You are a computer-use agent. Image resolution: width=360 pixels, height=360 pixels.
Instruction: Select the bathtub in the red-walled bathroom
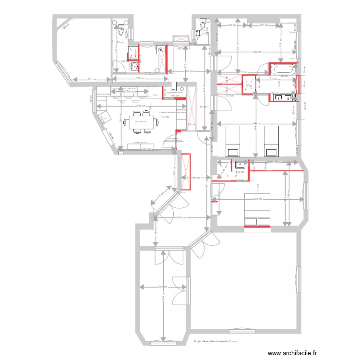coord(283,70)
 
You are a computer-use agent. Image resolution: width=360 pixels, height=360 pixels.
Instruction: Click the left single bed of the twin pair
coord(233,141)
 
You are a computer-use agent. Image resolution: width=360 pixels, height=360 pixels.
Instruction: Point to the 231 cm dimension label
coord(92,79)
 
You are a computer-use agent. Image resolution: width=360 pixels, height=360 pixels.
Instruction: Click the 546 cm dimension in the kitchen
coord(141,106)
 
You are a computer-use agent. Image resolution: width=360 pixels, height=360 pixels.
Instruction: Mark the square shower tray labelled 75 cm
coord(249,85)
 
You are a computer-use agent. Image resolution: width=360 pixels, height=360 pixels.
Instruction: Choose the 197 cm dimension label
coord(264,25)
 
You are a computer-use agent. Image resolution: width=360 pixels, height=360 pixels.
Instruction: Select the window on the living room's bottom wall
coord(242,330)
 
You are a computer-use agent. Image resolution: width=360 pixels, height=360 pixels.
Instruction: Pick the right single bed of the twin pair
coord(271,141)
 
